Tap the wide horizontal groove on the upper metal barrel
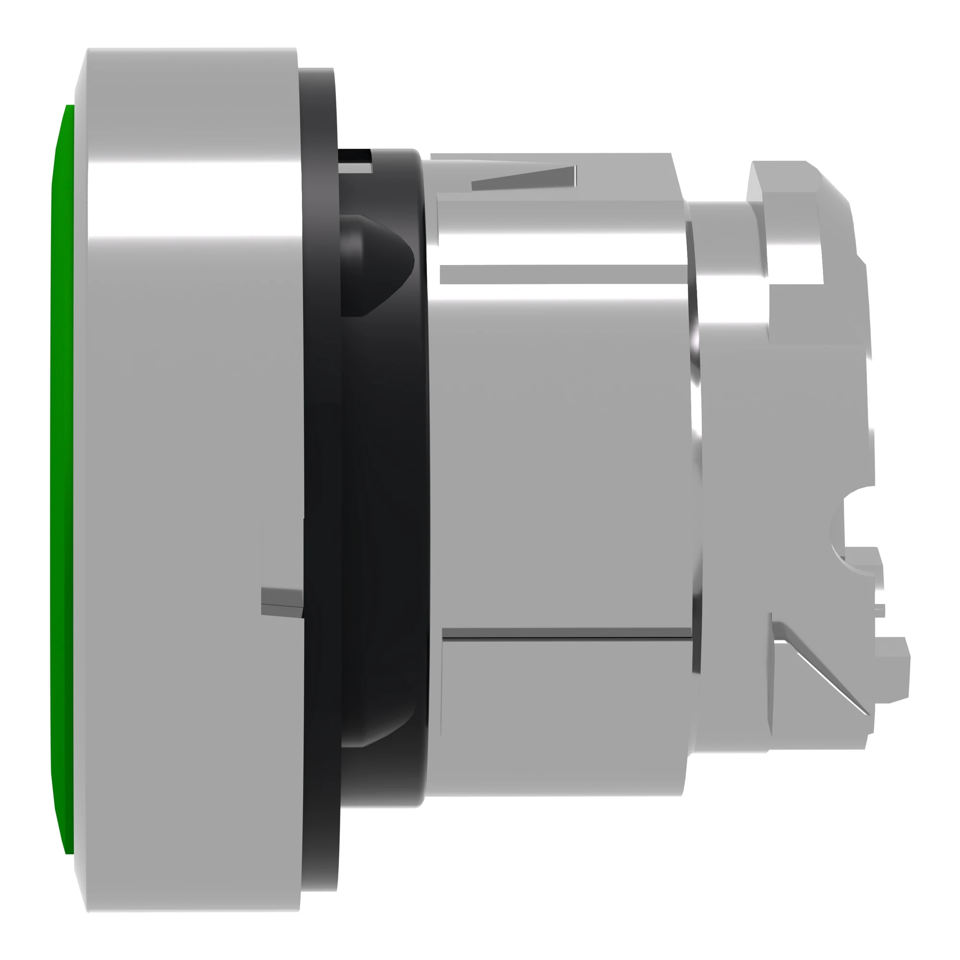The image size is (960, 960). click(562, 274)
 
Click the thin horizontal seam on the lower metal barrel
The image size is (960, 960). click(566, 634)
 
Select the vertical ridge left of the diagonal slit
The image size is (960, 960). click(773, 681)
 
